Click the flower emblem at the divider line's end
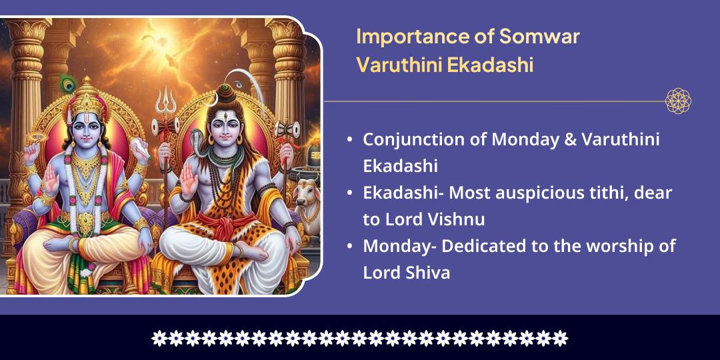pos(678,101)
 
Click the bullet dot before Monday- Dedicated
pos(350,247)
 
